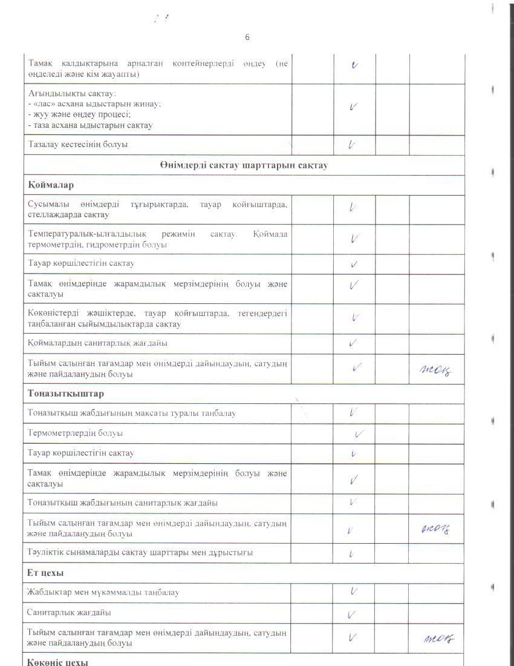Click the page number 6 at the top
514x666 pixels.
pyautogui.click(x=247, y=37)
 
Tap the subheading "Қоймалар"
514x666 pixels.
pyautogui.click(x=51, y=185)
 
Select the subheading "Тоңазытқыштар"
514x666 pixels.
pyautogui.click(x=67, y=394)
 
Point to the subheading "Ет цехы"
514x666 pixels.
pyautogui.click(x=46, y=573)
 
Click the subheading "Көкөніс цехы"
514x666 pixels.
pyautogui.click(x=58, y=661)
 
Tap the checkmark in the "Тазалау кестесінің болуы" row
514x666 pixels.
pyautogui.click(x=351, y=145)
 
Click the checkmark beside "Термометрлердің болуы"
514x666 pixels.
pyautogui.click(x=360, y=434)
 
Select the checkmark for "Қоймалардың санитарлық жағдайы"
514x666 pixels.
pyautogui.click(x=353, y=343)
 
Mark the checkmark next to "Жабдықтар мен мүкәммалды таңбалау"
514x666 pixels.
pyautogui.click(x=354, y=592)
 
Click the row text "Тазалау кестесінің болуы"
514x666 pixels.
pyautogui.click(x=78, y=145)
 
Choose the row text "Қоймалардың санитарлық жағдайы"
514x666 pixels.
pyautogui.click(x=97, y=343)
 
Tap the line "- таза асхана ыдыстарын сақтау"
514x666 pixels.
pyautogui.click(x=90, y=125)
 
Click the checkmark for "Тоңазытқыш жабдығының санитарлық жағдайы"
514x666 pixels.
pyautogui.click(x=353, y=502)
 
